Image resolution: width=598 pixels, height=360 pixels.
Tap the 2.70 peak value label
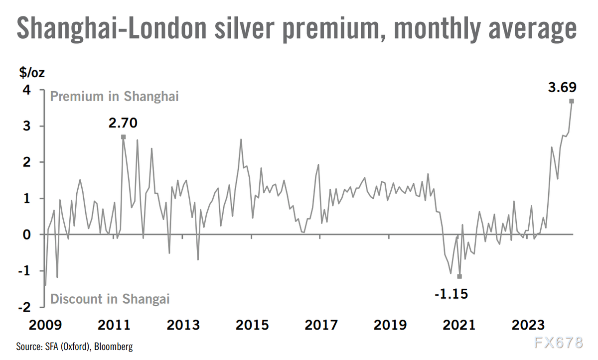click(x=123, y=122)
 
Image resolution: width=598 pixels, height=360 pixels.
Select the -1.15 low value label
click(x=452, y=294)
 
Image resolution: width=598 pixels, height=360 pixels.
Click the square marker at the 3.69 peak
click(x=572, y=101)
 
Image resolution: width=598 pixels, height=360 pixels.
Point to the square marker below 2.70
click(x=123, y=136)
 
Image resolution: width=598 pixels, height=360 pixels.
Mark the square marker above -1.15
click(x=459, y=276)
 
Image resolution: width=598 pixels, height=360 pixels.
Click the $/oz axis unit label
click(x=31, y=73)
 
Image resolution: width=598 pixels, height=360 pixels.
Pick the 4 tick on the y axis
click(x=25, y=90)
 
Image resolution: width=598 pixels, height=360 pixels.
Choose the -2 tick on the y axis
click(x=23, y=307)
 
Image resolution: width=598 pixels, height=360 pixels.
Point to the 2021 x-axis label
click(x=459, y=326)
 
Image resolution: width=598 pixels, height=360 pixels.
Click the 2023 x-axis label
click(x=528, y=326)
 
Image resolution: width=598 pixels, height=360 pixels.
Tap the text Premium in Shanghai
click(x=114, y=96)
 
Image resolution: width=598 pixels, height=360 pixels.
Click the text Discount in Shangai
click(x=110, y=299)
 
